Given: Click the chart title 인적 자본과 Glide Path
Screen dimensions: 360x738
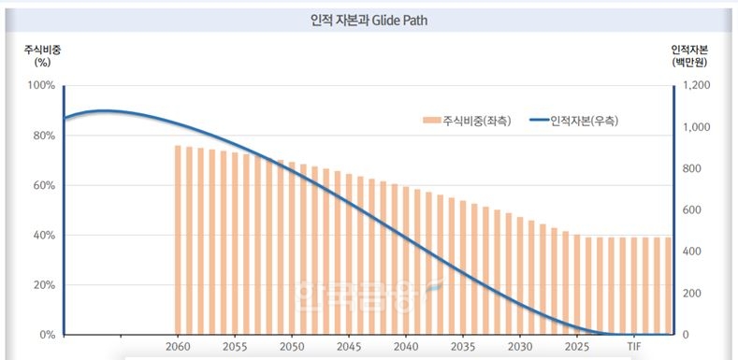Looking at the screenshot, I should click(x=368, y=19).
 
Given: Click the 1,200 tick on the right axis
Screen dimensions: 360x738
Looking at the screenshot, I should click(x=697, y=85).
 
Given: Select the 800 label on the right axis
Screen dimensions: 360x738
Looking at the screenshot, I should click(x=693, y=168).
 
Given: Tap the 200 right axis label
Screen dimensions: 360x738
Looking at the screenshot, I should click(x=693, y=294).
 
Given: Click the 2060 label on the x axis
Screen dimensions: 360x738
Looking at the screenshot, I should click(x=178, y=346).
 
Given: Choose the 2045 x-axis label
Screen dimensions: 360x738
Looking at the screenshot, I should click(x=349, y=346).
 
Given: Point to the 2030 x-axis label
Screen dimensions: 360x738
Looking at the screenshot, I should click(x=520, y=346).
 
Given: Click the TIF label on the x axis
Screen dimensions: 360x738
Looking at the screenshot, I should click(x=634, y=346).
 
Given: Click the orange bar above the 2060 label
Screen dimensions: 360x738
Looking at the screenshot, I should click(x=178, y=239).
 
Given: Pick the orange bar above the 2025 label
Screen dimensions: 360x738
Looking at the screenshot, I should click(x=577, y=284).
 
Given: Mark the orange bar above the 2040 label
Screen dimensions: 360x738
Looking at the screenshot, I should click(x=406, y=261).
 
